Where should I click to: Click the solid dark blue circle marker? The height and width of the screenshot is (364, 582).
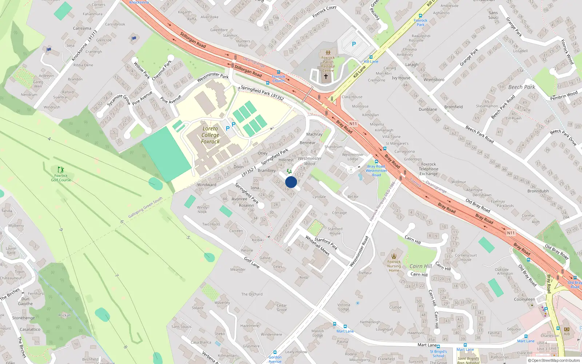291,182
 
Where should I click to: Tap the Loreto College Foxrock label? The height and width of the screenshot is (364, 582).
210,135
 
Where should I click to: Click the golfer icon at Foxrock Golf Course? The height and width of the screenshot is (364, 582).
61,170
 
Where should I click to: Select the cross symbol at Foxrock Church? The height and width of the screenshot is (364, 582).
326,76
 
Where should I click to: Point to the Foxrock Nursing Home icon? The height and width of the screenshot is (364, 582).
394,256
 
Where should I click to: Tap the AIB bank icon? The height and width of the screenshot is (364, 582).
567,329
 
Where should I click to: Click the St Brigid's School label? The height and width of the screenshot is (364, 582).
438,354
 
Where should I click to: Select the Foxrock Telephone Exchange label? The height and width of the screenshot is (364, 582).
428,169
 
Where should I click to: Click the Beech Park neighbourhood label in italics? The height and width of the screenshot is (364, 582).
522,87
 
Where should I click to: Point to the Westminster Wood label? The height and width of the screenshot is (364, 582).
310,161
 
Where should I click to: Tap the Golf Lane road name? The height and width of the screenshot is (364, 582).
252,262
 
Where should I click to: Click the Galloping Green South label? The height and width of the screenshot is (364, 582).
145,207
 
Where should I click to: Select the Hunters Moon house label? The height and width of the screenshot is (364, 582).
243,43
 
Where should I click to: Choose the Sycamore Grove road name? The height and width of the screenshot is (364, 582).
119,100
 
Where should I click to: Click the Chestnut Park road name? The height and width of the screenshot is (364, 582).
162,70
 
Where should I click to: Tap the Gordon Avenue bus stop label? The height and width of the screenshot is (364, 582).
275,359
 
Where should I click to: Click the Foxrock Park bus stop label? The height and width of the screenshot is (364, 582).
420,23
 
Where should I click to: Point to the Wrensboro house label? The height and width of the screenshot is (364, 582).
434,80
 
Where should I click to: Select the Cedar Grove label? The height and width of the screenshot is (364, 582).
282,308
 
